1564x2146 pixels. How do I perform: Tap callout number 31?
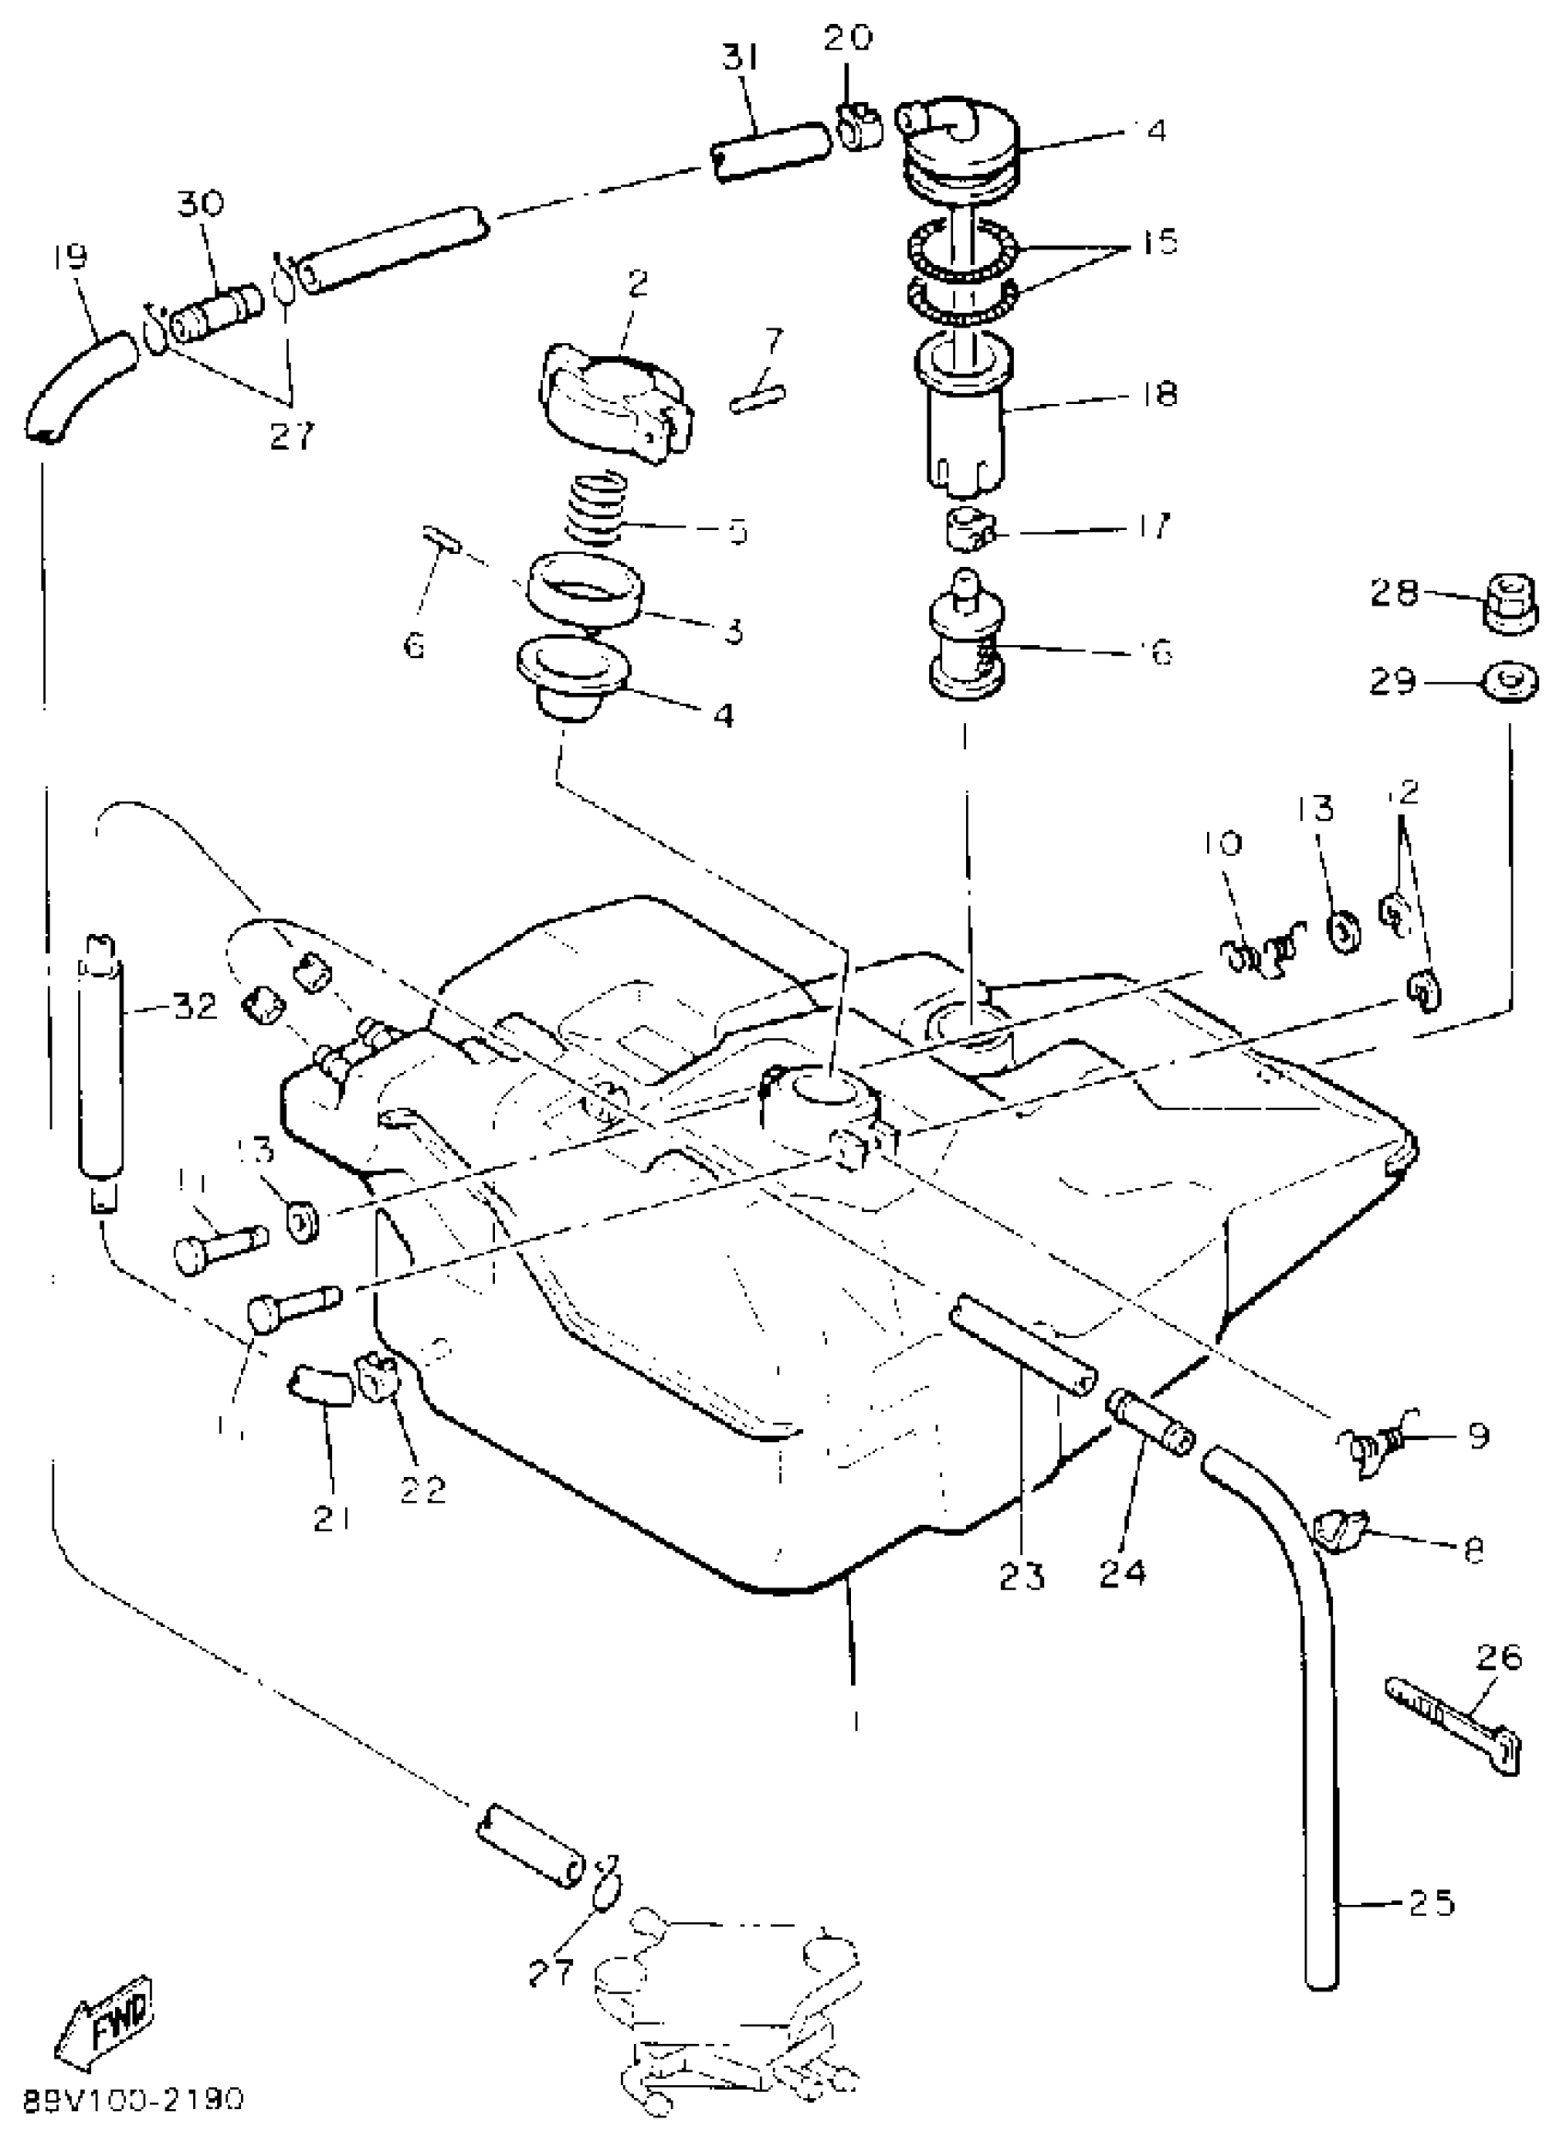[741, 60]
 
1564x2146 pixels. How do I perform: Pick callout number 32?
[195, 1006]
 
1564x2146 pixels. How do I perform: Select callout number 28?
[1396, 594]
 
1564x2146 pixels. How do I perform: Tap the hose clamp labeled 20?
[857, 127]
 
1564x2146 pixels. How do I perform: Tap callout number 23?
[1021, 1576]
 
